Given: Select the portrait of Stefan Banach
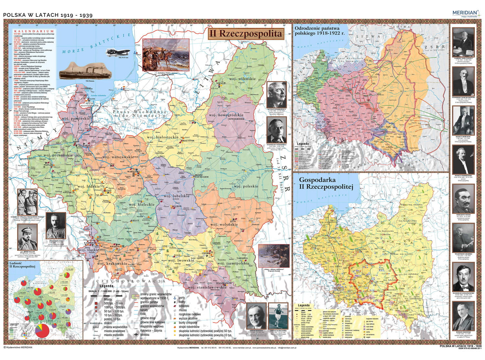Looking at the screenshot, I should point(256,315).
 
